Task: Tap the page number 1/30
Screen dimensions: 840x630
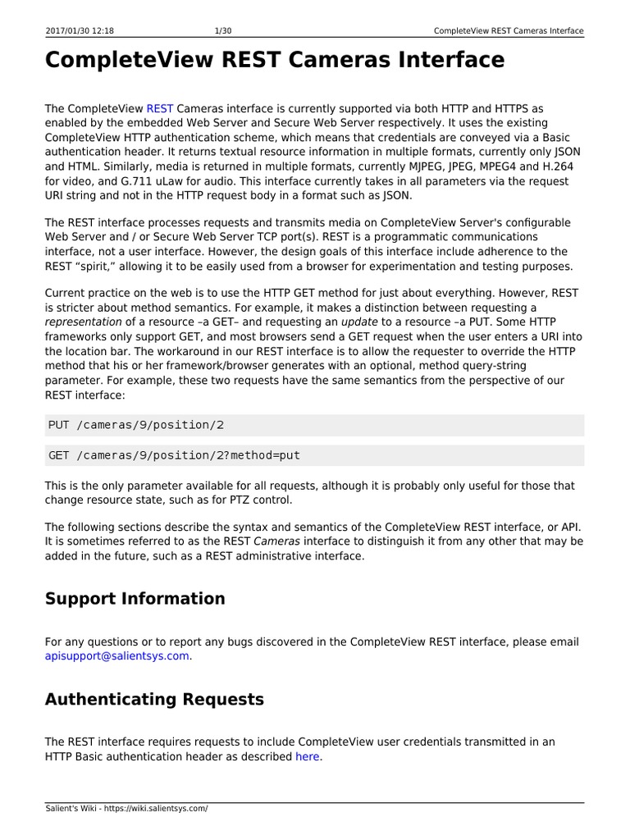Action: (221, 31)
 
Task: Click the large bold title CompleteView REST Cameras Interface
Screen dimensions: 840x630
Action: (275, 61)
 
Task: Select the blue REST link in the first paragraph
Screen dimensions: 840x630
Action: (159, 108)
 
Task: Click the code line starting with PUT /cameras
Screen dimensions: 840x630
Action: (136, 425)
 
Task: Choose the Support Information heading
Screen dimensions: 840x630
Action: (135, 599)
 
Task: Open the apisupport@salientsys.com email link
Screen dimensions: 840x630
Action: (116, 656)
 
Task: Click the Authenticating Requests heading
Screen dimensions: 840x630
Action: (154, 700)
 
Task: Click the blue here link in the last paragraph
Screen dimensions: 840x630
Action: (308, 756)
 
